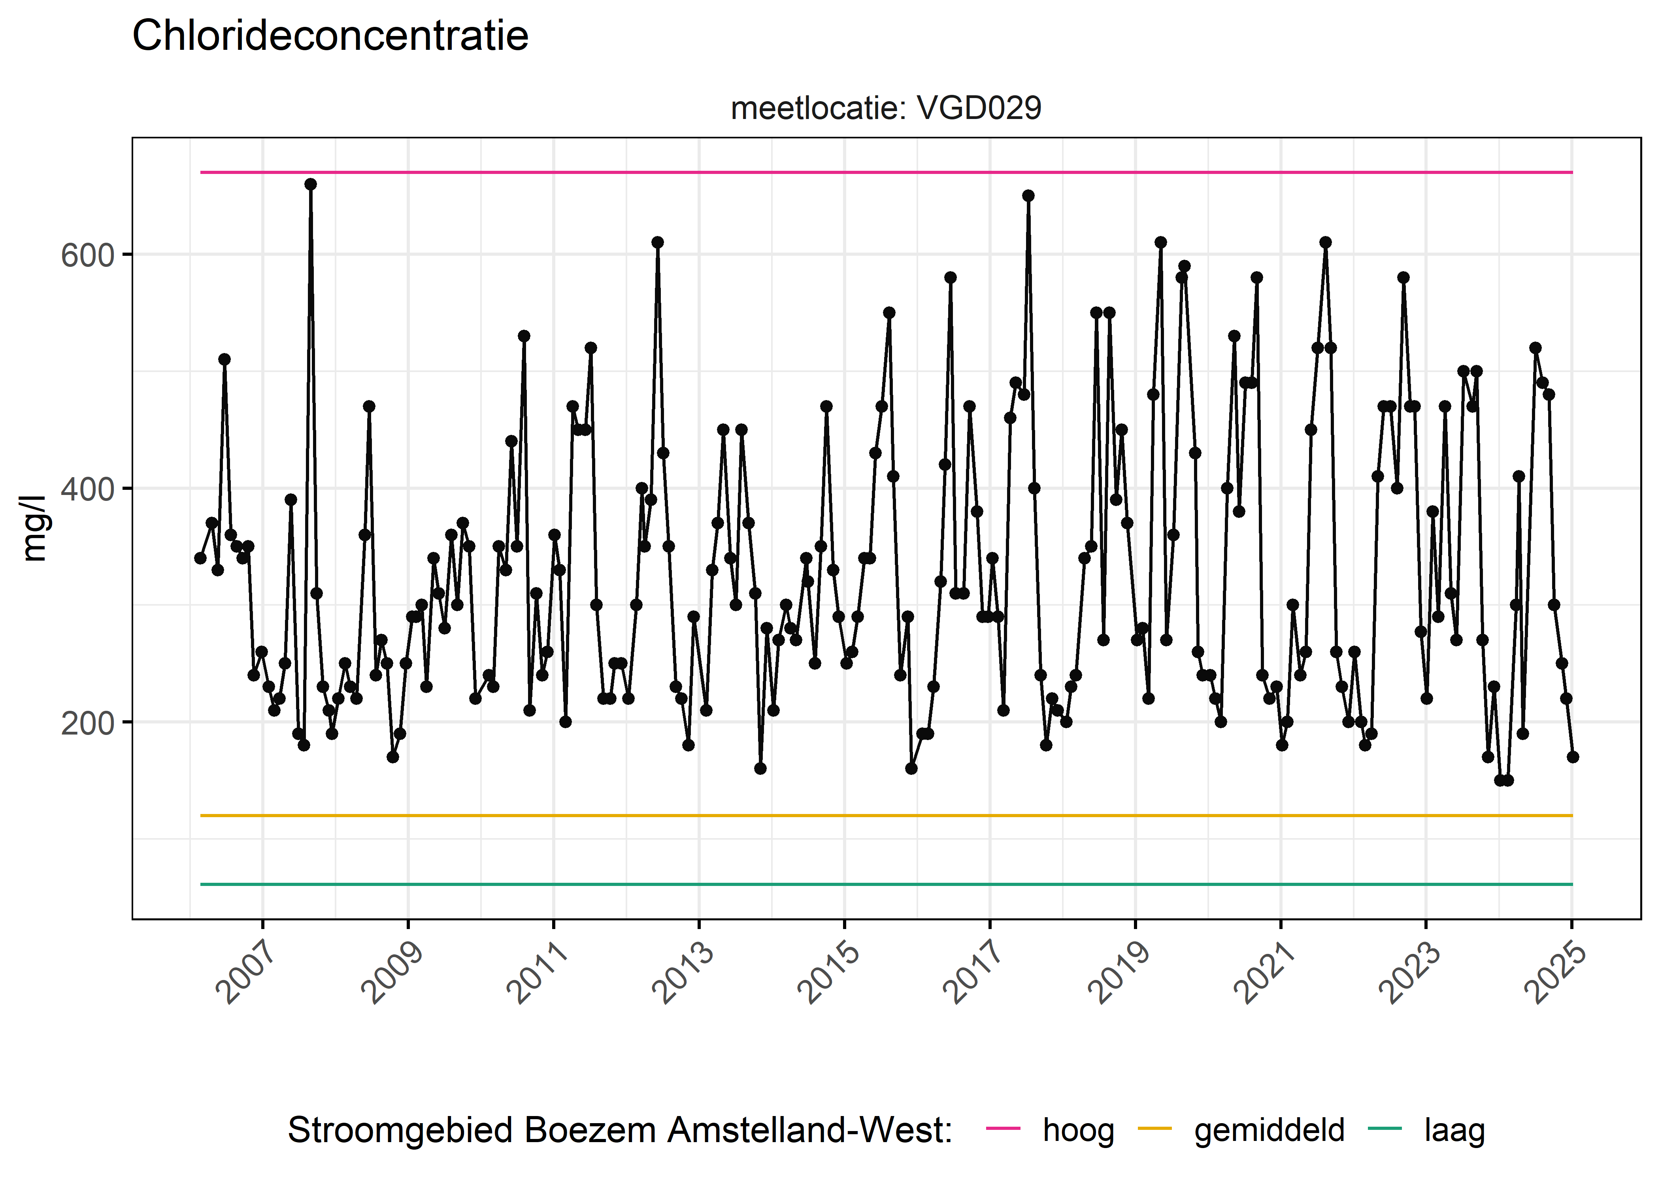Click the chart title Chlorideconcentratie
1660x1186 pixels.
click(x=330, y=36)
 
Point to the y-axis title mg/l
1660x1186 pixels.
click(x=34, y=528)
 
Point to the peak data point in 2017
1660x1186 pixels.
click(x=1028, y=196)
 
